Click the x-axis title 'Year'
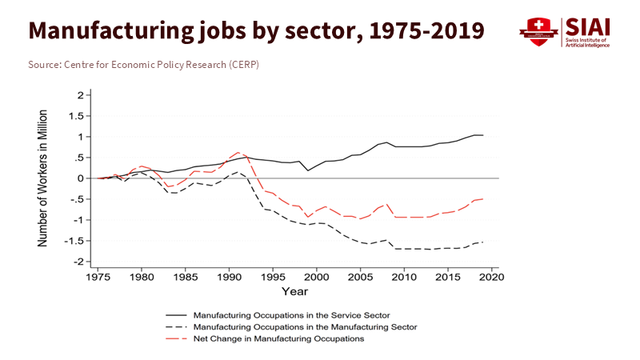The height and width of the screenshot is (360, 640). (294, 292)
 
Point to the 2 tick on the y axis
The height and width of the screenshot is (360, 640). (79, 95)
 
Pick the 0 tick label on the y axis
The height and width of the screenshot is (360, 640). (79, 178)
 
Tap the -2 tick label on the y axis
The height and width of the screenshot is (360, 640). (77, 262)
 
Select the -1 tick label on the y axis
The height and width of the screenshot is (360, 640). (77, 220)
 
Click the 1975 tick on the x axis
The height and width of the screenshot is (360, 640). (98, 277)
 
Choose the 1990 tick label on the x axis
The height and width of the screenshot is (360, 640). (230, 277)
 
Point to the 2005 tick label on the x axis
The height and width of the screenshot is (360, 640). (361, 277)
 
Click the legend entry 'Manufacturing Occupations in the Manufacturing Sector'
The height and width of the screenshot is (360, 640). (305, 326)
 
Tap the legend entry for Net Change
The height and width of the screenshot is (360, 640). (278, 338)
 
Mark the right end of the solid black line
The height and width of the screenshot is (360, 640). (483, 135)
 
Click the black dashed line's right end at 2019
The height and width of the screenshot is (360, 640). (483, 242)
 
